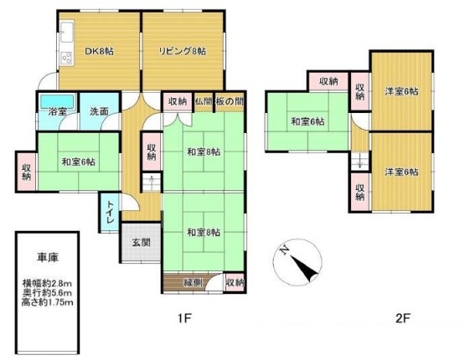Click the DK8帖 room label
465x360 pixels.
click(99, 51)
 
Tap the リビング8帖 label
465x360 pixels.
click(183, 51)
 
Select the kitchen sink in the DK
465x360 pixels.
click(66, 32)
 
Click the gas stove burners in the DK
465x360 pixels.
click(66, 58)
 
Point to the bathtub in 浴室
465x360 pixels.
click(57, 101)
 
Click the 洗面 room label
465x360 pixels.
click(99, 111)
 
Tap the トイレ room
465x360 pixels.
click(111, 212)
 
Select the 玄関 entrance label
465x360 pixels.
click(141, 243)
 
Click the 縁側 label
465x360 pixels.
click(193, 282)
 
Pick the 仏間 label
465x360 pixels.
click(204, 101)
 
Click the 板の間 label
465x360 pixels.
click(230, 101)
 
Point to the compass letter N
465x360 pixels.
click(285, 250)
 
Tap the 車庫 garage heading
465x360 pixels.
click(48, 257)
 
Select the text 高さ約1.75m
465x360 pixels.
click(48, 303)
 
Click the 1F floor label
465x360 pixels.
click(184, 318)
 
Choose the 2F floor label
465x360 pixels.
click(403, 318)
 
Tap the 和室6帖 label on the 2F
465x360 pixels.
click(307, 121)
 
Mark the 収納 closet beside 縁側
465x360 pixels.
click(235, 282)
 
